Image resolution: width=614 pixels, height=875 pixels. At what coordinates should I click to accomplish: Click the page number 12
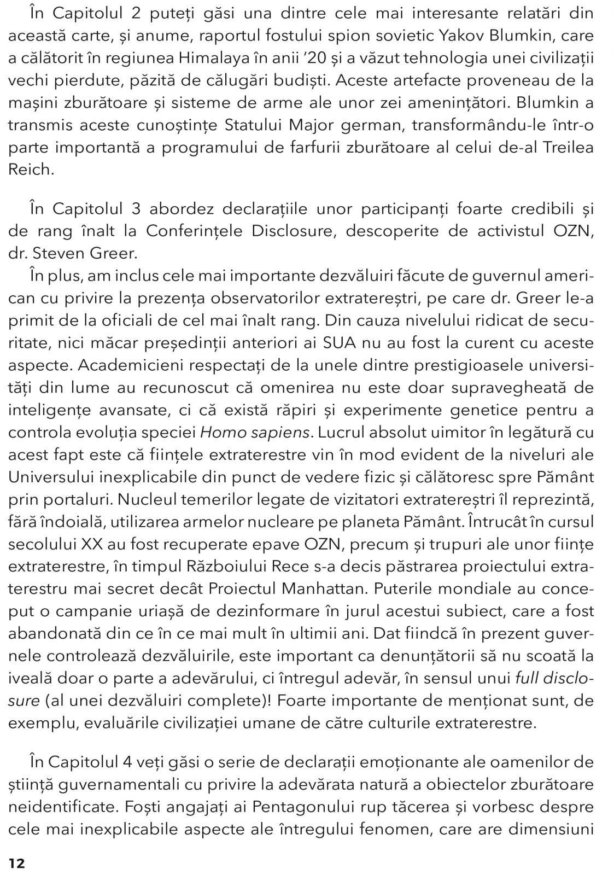tap(16, 863)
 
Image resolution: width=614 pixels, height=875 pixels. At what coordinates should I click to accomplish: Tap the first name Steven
tap(67, 253)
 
